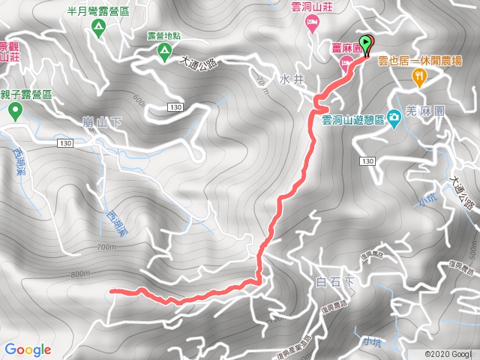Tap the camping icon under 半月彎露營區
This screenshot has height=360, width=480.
coord(98,28)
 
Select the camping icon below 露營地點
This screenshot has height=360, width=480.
coord(163,51)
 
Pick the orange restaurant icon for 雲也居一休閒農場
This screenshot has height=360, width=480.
coord(418,75)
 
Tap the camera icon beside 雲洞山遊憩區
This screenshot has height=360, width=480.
coord(393,120)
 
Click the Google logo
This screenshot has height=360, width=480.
coord(28,349)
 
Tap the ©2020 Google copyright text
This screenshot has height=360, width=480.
coord(448,354)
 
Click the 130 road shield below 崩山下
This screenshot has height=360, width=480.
coord(64,142)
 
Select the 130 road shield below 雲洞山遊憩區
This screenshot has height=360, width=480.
coord(367,161)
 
